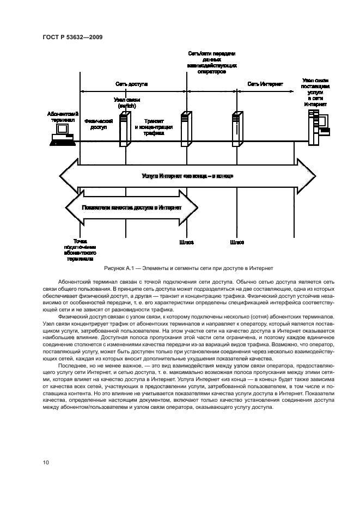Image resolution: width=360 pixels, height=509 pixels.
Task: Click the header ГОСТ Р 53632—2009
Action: (x=72, y=36)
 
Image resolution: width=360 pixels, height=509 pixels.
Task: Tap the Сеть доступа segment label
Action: (x=131, y=84)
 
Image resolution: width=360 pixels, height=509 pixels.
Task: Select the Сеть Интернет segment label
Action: (x=265, y=84)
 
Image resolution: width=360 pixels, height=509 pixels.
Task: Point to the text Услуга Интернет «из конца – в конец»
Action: (x=188, y=176)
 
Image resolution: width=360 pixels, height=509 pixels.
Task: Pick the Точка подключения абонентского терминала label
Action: (x=80, y=249)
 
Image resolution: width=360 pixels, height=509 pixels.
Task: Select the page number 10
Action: (x=46, y=463)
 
